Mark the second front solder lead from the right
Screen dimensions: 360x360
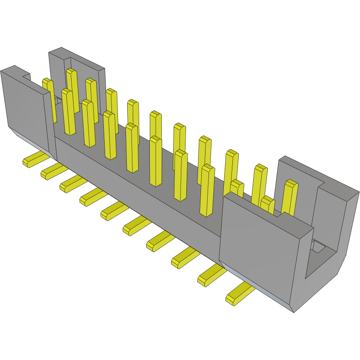pos(211,275)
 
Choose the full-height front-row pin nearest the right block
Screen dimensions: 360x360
pos(208,189)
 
